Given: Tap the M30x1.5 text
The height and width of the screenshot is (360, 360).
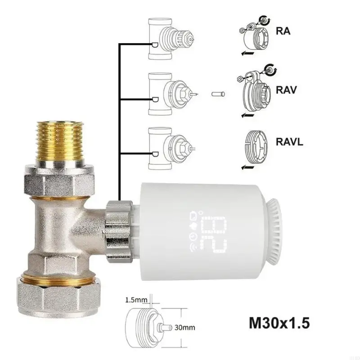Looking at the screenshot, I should tap(279, 323).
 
